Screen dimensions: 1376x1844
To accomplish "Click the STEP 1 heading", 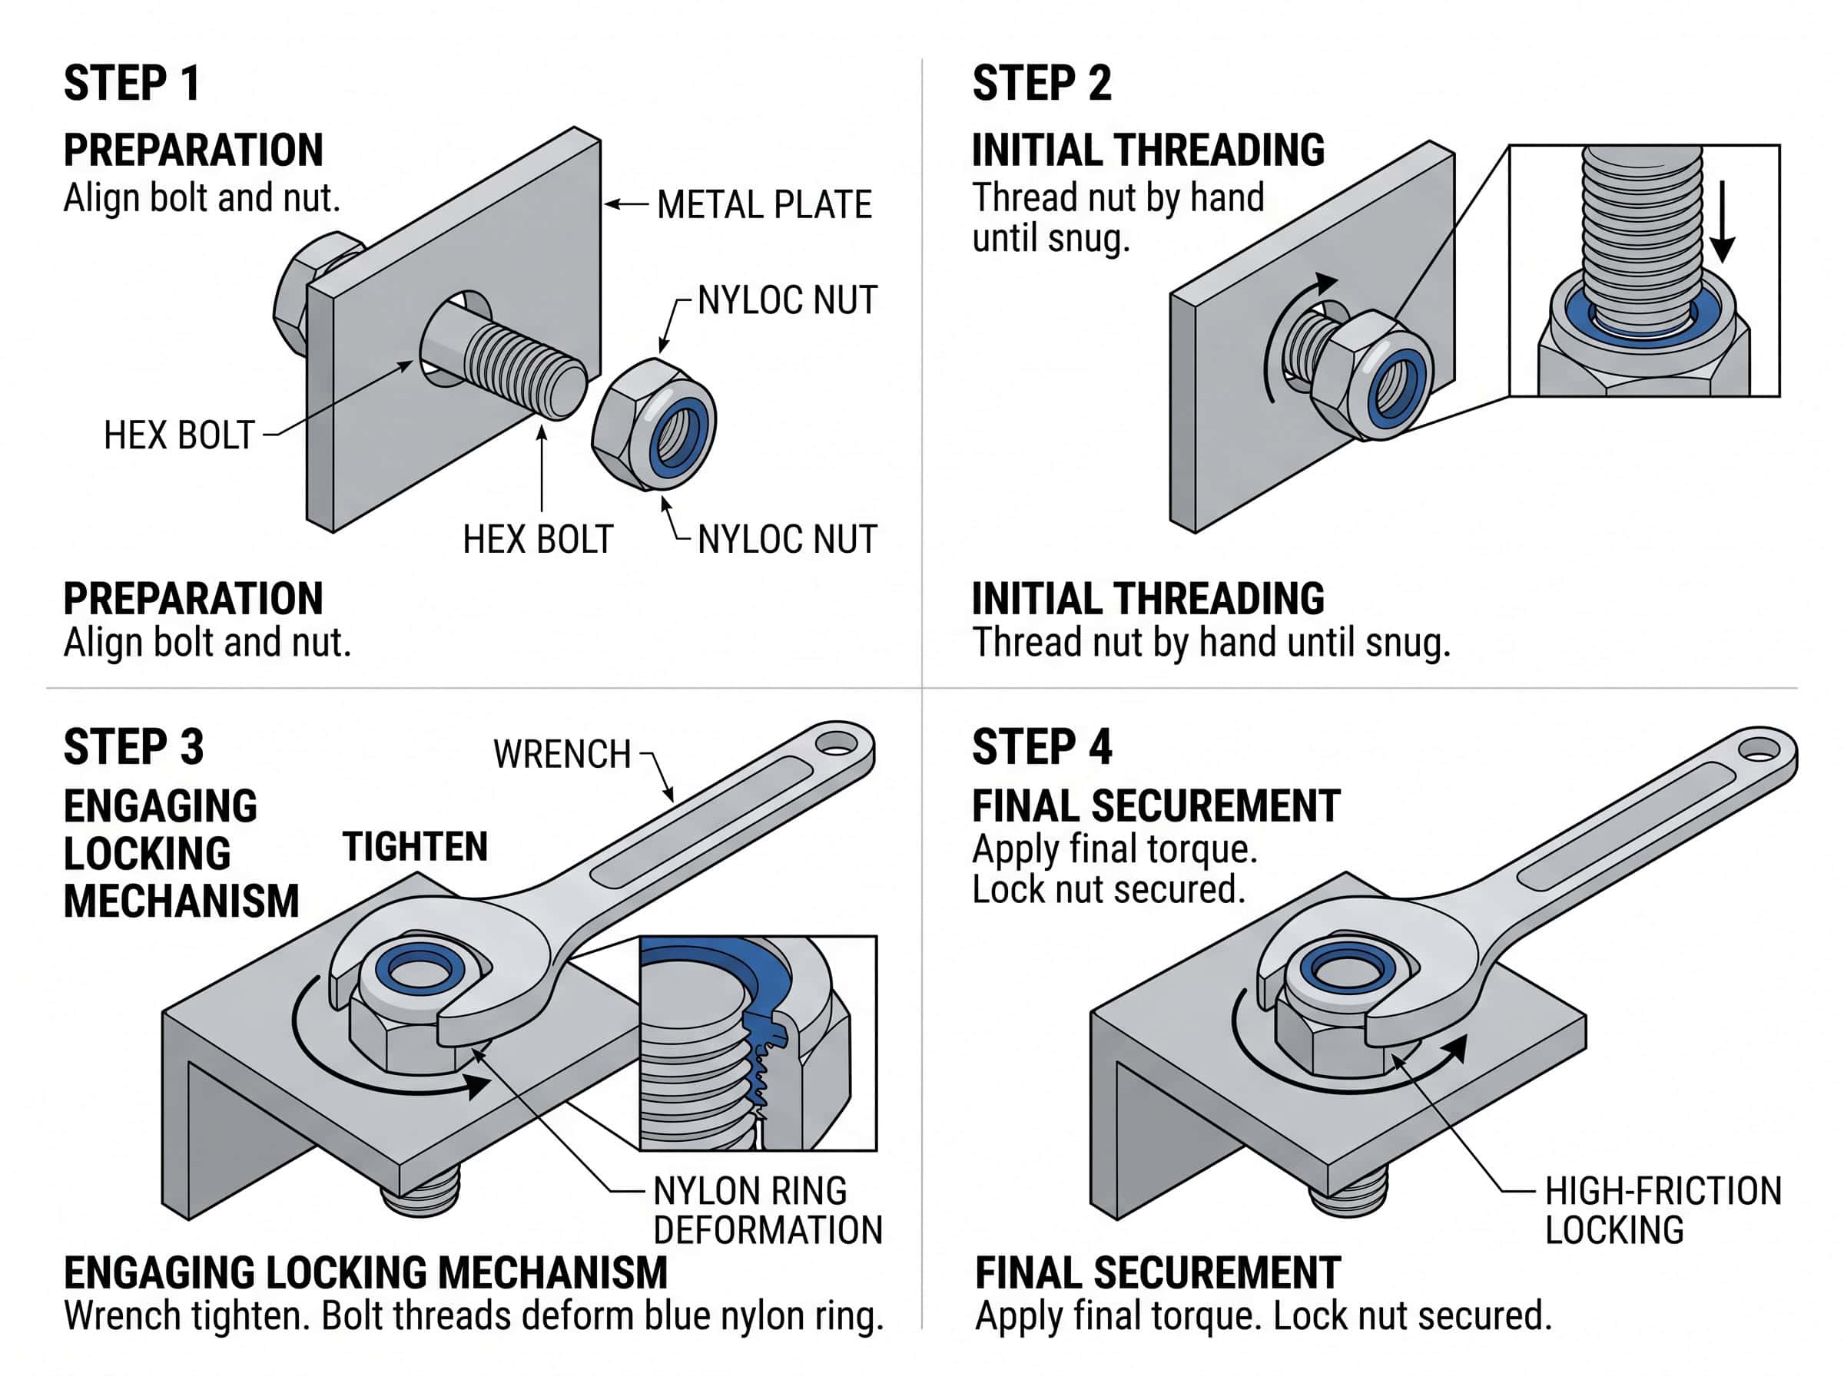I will (x=131, y=84).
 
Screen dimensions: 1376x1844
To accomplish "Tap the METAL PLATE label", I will (x=763, y=205).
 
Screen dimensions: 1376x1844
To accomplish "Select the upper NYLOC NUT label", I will (x=787, y=301).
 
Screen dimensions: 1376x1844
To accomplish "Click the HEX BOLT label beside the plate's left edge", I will (x=178, y=435).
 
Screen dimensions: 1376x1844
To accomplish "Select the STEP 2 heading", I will (x=1041, y=84).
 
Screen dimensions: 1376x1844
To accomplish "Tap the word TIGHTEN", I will (x=414, y=847).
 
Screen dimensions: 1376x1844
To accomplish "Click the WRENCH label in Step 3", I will (x=562, y=755).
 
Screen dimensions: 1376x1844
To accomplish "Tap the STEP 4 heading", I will (x=1041, y=747).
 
